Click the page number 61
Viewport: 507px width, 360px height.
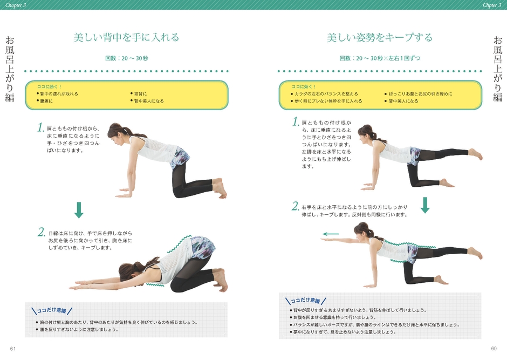coord(12,348)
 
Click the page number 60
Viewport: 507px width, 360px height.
coord(494,348)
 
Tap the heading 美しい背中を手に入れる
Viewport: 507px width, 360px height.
coord(126,38)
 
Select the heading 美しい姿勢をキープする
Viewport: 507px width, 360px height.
coord(380,38)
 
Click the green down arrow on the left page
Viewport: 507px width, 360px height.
coord(79,210)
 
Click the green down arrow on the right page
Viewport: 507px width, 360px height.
coord(425,205)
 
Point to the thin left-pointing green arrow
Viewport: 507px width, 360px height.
coord(331,234)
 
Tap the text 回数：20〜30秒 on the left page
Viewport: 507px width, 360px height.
coord(126,58)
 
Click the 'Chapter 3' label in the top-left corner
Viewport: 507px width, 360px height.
coord(16,5)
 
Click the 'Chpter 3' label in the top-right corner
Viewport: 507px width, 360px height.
coord(492,5)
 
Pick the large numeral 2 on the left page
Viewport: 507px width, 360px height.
coord(42,232)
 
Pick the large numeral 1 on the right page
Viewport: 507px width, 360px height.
coord(296,121)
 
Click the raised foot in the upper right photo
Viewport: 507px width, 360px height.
coord(475,154)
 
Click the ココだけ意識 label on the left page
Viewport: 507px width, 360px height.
coord(52,310)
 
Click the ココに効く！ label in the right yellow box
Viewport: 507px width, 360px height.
coord(304,86)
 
